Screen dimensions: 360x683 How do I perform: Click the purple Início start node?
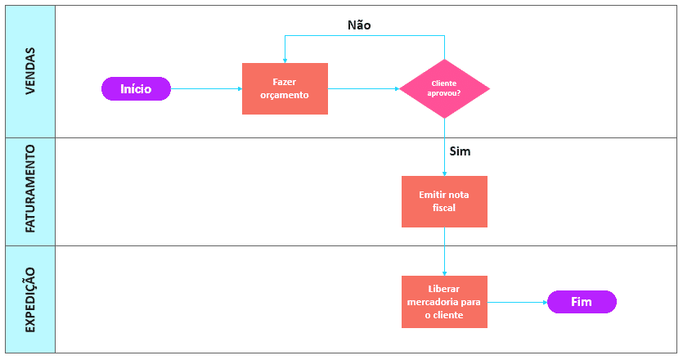136,88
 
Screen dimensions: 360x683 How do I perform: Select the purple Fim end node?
582,302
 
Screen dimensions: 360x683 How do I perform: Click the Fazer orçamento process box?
285,88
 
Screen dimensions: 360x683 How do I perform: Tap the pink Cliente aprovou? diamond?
444,88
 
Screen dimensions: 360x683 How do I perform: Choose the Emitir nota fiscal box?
444,201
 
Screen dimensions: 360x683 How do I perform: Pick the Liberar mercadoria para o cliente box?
444,302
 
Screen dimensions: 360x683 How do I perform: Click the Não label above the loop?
359,25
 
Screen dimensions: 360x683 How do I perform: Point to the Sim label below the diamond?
461,151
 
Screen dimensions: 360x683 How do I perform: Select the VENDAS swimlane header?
30,70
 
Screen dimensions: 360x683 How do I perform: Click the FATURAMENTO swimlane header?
30,191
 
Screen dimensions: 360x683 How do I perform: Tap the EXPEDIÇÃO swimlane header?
30,299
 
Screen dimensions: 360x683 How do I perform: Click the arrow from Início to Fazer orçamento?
206,88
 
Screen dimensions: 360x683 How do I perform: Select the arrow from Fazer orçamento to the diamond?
363,88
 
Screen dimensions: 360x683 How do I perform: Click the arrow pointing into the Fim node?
517,302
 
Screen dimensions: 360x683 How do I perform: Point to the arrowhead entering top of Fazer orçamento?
285,60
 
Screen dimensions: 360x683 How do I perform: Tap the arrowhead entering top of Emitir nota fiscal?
444,173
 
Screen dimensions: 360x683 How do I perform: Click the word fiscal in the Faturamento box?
444,208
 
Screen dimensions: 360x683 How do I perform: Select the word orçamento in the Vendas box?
285,95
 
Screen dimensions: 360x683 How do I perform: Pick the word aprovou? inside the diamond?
444,93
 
